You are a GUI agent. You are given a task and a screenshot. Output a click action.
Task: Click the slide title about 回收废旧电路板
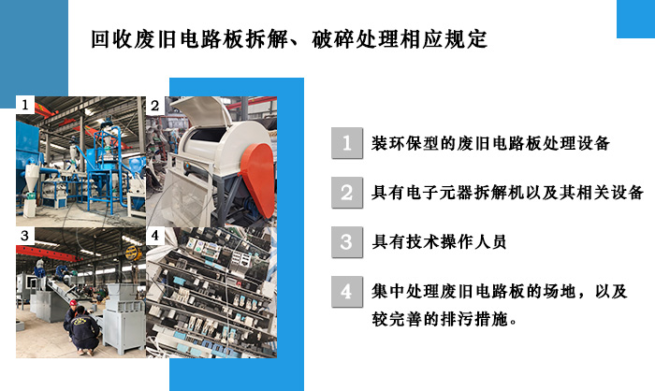pyautogui.click(x=289, y=39)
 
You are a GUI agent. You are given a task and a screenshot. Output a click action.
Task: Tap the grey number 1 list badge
pyautogui.click(x=347, y=143)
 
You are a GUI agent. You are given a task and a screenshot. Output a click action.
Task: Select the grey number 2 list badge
pyautogui.click(x=347, y=193)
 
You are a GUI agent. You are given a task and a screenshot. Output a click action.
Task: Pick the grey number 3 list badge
pyautogui.click(x=347, y=242)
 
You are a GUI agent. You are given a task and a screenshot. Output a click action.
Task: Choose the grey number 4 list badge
pyautogui.click(x=347, y=291)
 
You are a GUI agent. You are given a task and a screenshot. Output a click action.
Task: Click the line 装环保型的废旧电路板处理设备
pyautogui.click(x=490, y=143)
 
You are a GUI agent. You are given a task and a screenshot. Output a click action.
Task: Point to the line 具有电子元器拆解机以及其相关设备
pyautogui.click(x=507, y=193)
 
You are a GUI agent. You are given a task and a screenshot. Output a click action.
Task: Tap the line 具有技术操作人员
pyautogui.click(x=439, y=242)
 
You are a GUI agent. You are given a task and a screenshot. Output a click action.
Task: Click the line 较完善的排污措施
pyautogui.click(x=444, y=320)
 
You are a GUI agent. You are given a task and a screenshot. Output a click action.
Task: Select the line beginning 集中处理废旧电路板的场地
pyautogui.click(x=499, y=291)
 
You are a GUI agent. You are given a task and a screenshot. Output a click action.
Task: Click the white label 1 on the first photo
pyautogui.click(x=25, y=105)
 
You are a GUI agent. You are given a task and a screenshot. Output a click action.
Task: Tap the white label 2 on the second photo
pyautogui.click(x=155, y=106)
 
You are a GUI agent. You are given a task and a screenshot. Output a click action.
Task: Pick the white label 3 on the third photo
pyautogui.click(x=25, y=236)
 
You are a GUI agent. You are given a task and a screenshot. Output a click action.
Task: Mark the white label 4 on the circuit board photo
pyautogui.click(x=155, y=236)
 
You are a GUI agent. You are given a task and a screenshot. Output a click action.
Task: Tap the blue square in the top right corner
pyautogui.click(x=635, y=19)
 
